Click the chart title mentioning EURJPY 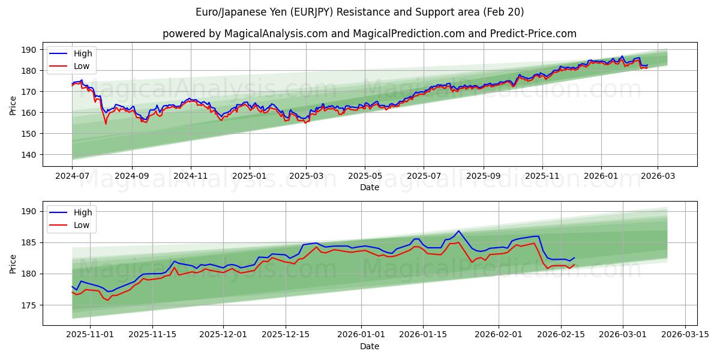(360, 12)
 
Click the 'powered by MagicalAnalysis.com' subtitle (369, 34)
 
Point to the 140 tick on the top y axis (29, 155)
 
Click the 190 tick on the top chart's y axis (29, 50)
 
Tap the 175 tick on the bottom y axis (29, 305)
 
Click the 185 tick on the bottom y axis (29, 243)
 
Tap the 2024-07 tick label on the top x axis (73, 176)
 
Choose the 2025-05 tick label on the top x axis (365, 176)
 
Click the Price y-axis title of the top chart (13, 105)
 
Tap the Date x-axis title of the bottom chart (369, 346)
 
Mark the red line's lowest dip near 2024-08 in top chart (106, 124)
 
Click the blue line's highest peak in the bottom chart (458, 231)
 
